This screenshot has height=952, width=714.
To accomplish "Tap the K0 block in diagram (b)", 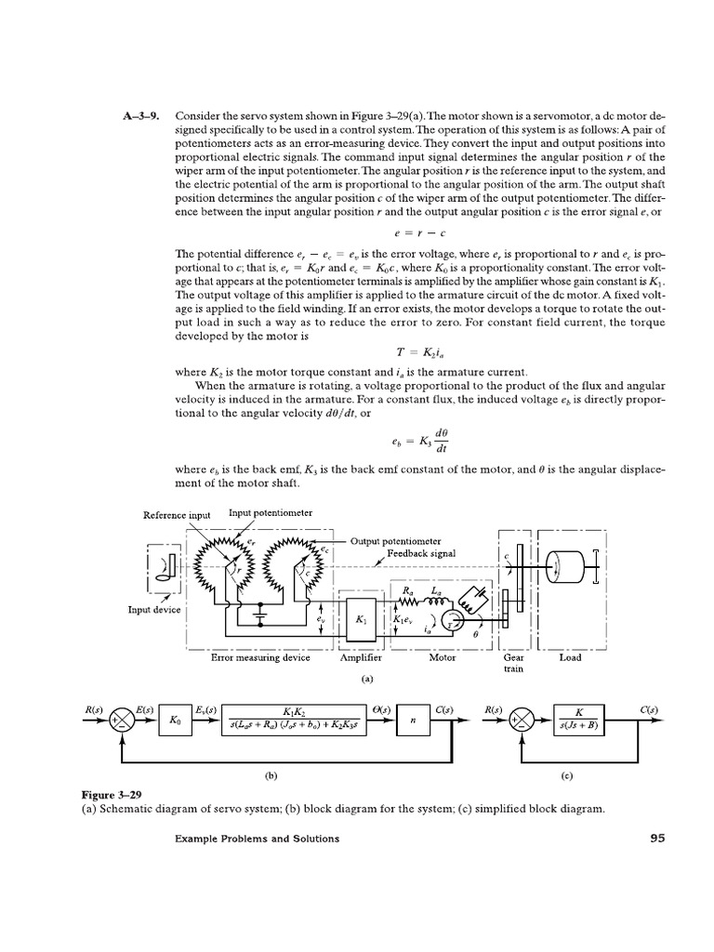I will pyautogui.click(x=176, y=721).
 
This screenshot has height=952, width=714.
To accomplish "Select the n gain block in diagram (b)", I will pyautogui.click(x=412, y=721).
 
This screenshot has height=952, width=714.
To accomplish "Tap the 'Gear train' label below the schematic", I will pyautogui.click(x=513, y=662).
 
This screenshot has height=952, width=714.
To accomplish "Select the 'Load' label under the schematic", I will pyautogui.click(x=570, y=657).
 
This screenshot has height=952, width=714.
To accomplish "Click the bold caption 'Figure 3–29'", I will pyautogui.click(x=114, y=795).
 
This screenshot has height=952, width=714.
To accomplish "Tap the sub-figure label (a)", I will pyautogui.click(x=367, y=679).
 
